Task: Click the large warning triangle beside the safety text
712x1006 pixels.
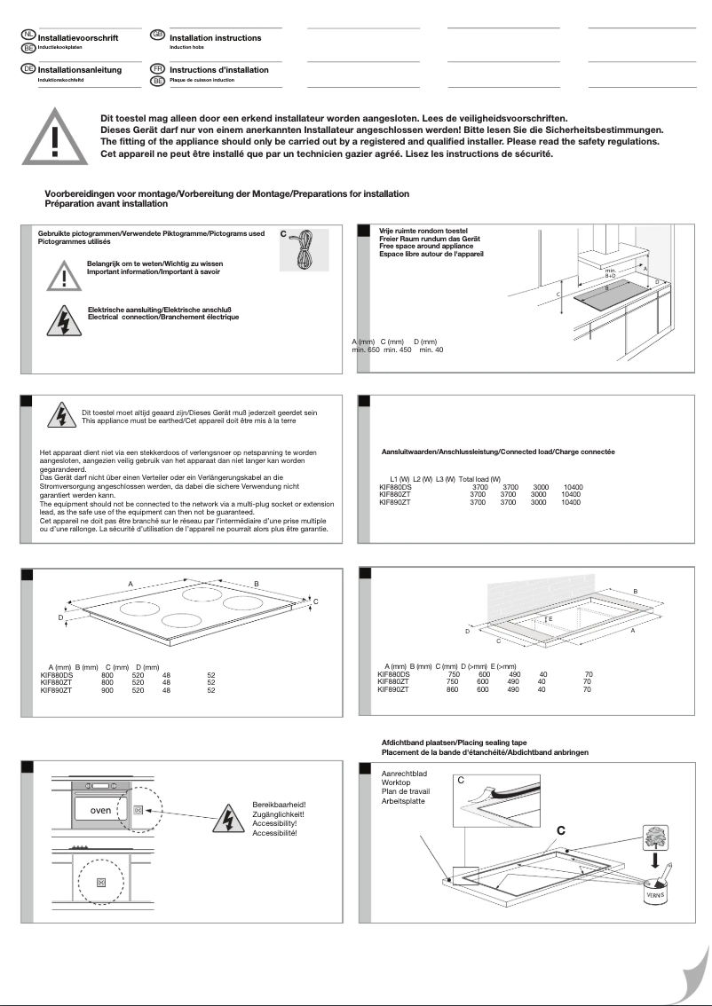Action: click(54, 141)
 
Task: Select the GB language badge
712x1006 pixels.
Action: click(158, 34)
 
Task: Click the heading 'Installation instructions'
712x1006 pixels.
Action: click(215, 38)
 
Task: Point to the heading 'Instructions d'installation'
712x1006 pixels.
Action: click(218, 69)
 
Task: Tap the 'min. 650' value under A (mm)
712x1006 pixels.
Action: click(365, 350)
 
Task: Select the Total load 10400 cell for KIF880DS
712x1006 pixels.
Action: click(573, 488)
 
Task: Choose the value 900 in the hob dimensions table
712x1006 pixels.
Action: click(107, 689)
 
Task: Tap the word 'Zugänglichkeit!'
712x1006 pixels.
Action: click(279, 813)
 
